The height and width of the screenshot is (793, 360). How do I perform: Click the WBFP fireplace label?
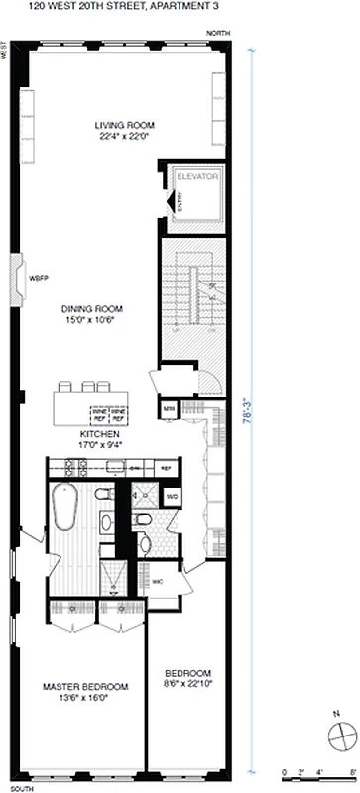click(38, 277)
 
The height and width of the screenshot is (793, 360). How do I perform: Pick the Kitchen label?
click(100, 435)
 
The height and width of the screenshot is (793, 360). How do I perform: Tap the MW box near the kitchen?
click(168, 407)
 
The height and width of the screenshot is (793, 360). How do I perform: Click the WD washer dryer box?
click(172, 496)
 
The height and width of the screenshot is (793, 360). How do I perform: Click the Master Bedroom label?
click(84, 686)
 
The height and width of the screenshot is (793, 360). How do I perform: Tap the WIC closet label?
click(158, 581)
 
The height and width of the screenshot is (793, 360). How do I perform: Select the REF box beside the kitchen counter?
click(166, 466)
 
